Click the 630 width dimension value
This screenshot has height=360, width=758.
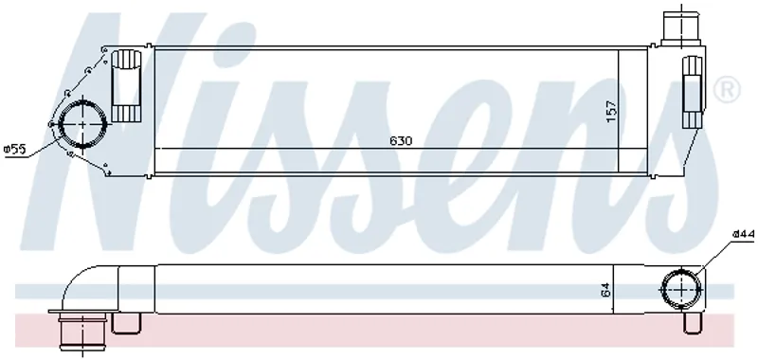pyautogui.click(x=401, y=140)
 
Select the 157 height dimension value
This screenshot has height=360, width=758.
pyautogui.click(x=612, y=111)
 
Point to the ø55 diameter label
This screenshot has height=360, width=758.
pyautogui.click(x=14, y=150)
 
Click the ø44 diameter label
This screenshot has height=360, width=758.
pyautogui.click(x=744, y=234)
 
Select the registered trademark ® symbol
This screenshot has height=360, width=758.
pyautogui.click(x=727, y=89)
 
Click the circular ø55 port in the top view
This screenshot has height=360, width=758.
pyautogui.click(x=82, y=124)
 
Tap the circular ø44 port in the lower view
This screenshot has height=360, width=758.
pyautogui.click(x=681, y=289)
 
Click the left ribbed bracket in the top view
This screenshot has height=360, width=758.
pyautogui.click(x=125, y=85)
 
